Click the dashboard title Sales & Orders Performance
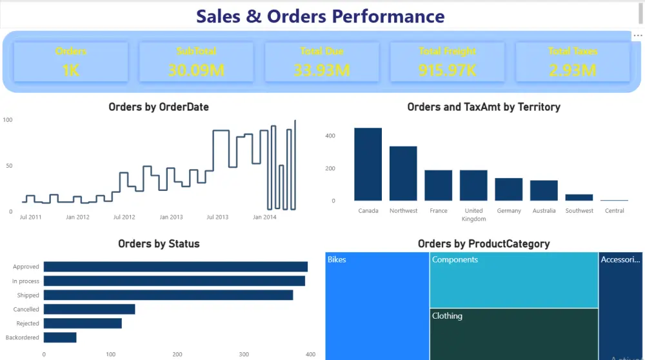tap(320, 16)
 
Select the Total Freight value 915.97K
tap(447, 70)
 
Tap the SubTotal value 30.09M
tap(196, 70)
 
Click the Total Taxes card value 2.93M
tap(573, 70)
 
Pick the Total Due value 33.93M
tap(322, 70)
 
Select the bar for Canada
tap(368, 165)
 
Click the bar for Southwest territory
tap(579, 197)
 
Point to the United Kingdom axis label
tap(473, 215)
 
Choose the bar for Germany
tap(508, 190)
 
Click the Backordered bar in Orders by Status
tap(60, 337)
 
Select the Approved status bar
tap(175, 266)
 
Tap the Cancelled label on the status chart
tap(26, 310)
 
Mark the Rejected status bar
tap(83, 323)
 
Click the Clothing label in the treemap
tap(447, 316)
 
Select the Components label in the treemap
tap(455, 259)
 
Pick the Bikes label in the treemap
tap(337, 259)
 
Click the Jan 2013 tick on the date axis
tap(171, 217)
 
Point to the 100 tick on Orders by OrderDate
tap(8, 120)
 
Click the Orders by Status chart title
tap(159, 244)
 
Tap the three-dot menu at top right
tap(637, 36)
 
